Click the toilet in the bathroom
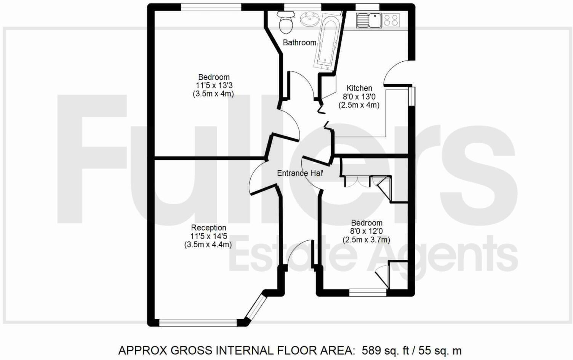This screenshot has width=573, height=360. pos(286,22)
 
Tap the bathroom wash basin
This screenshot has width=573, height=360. pos(309,19)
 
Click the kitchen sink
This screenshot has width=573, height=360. pos(369,20)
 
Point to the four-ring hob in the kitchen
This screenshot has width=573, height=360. pos(391,20)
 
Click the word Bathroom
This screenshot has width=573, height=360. pos(299,43)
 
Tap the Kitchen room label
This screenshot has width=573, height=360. pos(359,88)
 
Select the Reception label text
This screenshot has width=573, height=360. pos(208,228)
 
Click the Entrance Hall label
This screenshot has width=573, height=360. pos(300,173)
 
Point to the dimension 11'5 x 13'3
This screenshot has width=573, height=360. pos(214,85)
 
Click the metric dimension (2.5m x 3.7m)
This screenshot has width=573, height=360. pos(366,240)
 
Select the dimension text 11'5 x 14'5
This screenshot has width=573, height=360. pos(208,237)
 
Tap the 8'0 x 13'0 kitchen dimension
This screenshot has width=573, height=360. pos(359,97)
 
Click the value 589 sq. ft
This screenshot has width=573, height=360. pos(385,350)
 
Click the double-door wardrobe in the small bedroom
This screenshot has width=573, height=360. pos(357,181)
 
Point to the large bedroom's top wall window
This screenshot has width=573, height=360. pos(211,7)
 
